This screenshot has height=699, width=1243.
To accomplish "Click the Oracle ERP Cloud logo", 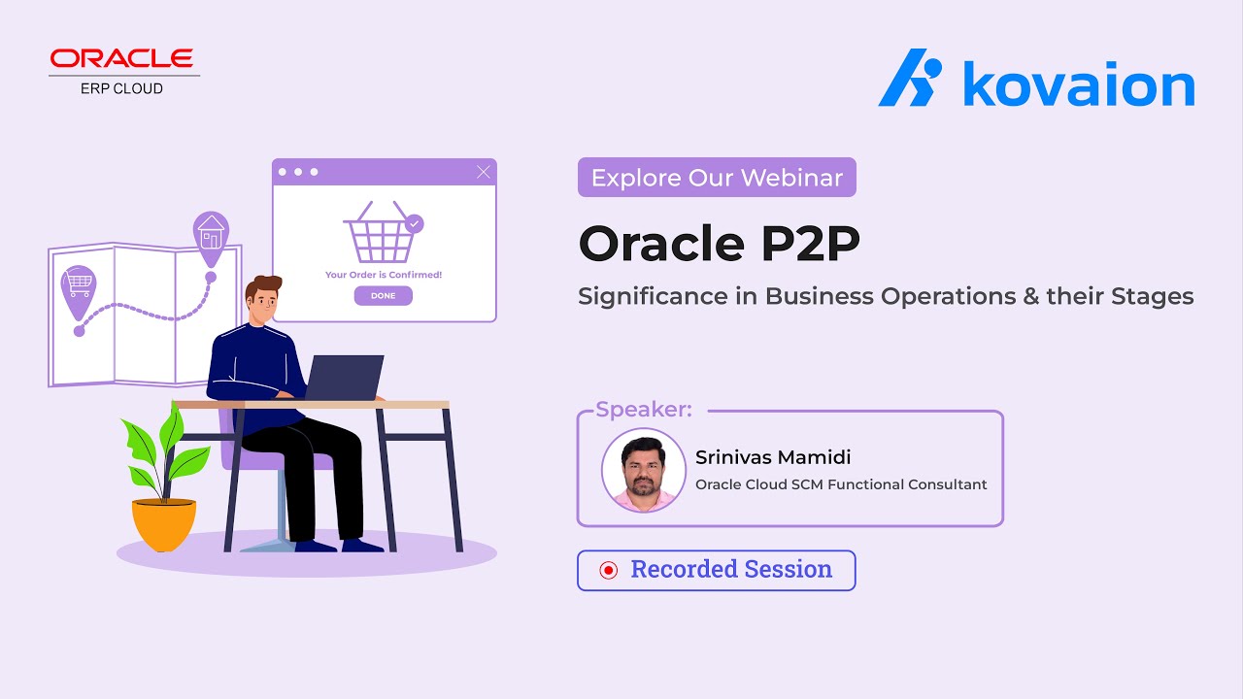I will [x=124, y=71].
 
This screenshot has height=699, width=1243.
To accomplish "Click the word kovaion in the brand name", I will [x=1078, y=85].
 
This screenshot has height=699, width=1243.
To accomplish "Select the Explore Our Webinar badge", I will [x=717, y=178].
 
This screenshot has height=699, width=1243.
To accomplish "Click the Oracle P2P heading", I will [x=719, y=244].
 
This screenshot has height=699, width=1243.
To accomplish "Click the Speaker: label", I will [x=644, y=410].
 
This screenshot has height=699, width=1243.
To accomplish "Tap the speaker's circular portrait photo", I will [x=637, y=470].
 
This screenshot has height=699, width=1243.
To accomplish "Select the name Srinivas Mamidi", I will [x=773, y=456].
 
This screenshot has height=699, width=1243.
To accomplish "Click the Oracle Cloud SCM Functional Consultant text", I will [x=841, y=484].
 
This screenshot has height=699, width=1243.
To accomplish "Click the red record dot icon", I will [x=609, y=571].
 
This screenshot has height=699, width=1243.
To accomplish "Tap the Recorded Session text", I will [x=731, y=570].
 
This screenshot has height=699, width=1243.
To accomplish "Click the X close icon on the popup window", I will [x=484, y=173].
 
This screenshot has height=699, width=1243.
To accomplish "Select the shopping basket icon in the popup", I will [x=382, y=233].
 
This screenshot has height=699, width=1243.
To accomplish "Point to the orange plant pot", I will [x=163, y=524].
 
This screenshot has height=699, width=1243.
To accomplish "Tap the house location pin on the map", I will [x=210, y=235].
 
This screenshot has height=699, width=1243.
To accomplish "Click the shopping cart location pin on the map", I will [x=79, y=289].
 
